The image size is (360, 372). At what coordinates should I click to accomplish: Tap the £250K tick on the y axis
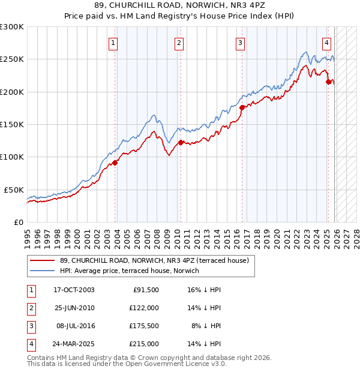tap(12, 59)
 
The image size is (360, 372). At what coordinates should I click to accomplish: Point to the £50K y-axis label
tap(14, 190)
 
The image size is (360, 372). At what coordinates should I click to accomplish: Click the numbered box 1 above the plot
tap(113, 43)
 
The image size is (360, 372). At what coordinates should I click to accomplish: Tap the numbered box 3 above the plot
tap(240, 43)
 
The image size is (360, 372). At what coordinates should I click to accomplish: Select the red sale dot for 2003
tap(115, 163)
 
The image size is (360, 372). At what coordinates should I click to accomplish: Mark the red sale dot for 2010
tap(181, 143)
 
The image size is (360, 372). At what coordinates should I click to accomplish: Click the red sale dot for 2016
tap(242, 108)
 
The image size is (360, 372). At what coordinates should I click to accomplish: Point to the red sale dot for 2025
tap(328, 82)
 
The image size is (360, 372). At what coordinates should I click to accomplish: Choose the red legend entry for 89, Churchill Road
tap(158, 260)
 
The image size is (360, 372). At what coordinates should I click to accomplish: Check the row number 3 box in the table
tap(31, 326)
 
